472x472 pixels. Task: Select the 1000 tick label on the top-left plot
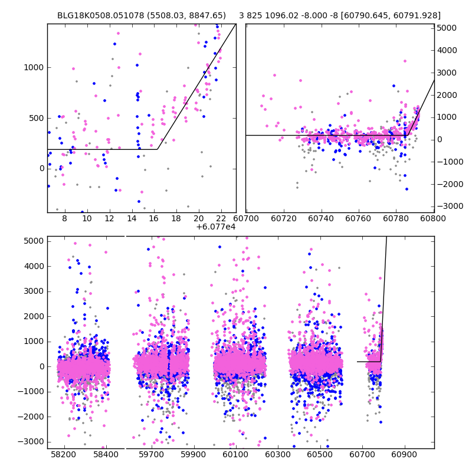click(34, 67)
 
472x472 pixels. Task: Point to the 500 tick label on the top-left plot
click(36, 118)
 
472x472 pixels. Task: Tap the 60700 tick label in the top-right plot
click(246, 218)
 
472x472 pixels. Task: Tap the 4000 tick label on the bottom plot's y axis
click(34, 266)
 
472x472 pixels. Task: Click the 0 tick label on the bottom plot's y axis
click(42, 366)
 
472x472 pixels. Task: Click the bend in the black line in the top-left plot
click(158, 149)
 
